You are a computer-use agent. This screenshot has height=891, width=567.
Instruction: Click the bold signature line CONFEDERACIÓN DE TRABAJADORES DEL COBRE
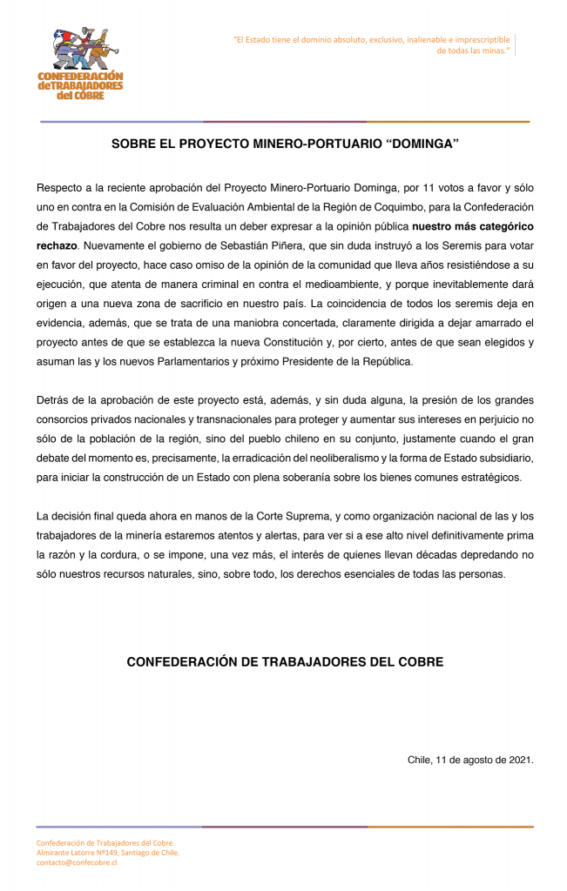[x=285, y=662]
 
